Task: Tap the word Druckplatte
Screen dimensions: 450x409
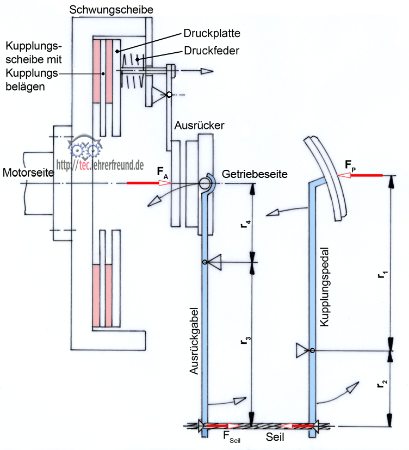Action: pos(212,34)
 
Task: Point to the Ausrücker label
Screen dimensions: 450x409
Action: pos(200,125)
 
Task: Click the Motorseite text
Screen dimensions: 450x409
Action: pos(28,173)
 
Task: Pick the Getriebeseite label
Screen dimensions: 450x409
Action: pos(255,174)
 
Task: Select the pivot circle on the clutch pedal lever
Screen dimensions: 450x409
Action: pos(312,350)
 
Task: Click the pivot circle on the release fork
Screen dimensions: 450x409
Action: pos(205,263)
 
